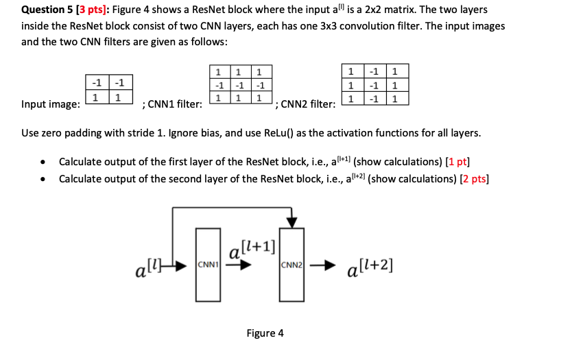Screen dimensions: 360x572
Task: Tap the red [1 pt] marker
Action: pos(457,162)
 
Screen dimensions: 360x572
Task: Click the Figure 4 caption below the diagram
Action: pos(265,333)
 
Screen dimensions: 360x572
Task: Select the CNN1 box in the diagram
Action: pos(206,265)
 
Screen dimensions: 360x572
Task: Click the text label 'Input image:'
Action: pos(50,104)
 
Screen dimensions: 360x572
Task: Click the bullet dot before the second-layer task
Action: pos(43,179)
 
